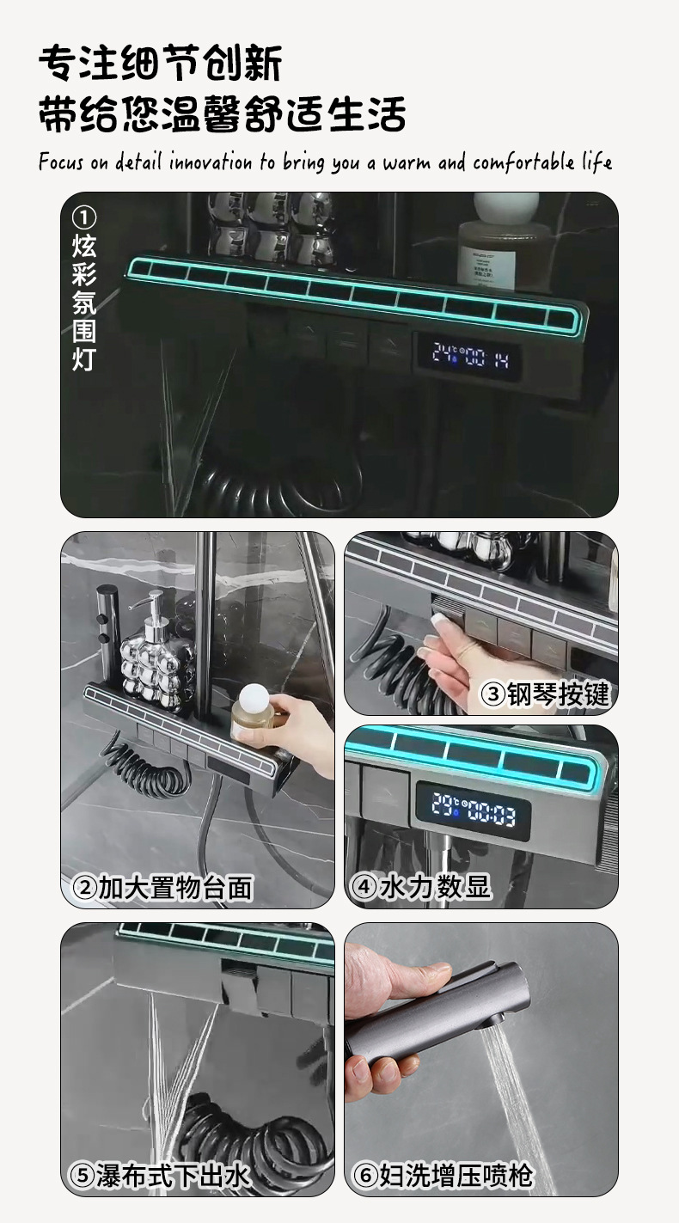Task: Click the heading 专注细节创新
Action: click(x=161, y=64)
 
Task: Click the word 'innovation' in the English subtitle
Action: click(x=210, y=162)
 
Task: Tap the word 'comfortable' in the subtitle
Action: click(x=523, y=162)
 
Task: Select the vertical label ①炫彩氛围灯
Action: click(x=84, y=289)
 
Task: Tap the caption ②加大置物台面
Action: click(x=162, y=887)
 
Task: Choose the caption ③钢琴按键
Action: click(x=544, y=694)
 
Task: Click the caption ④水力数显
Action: click(x=420, y=886)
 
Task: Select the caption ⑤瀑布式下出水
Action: click(x=159, y=1174)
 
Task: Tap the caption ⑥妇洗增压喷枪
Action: click(x=442, y=1174)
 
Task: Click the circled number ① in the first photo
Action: click(x=84, y=217)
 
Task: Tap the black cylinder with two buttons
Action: click(x=107, y=633)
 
